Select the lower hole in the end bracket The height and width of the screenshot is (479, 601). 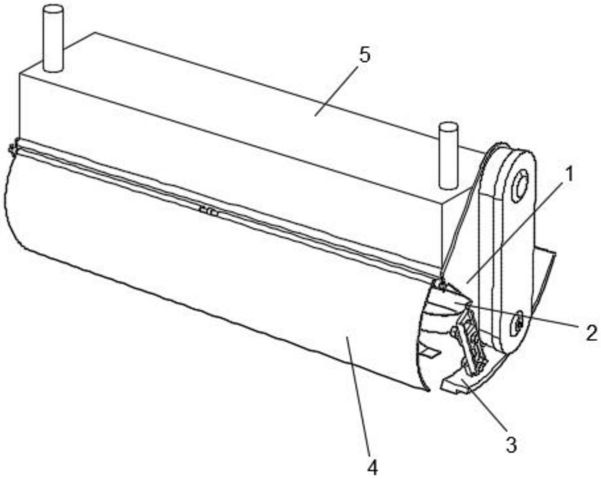516,325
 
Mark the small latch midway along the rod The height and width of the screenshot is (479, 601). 209,211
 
